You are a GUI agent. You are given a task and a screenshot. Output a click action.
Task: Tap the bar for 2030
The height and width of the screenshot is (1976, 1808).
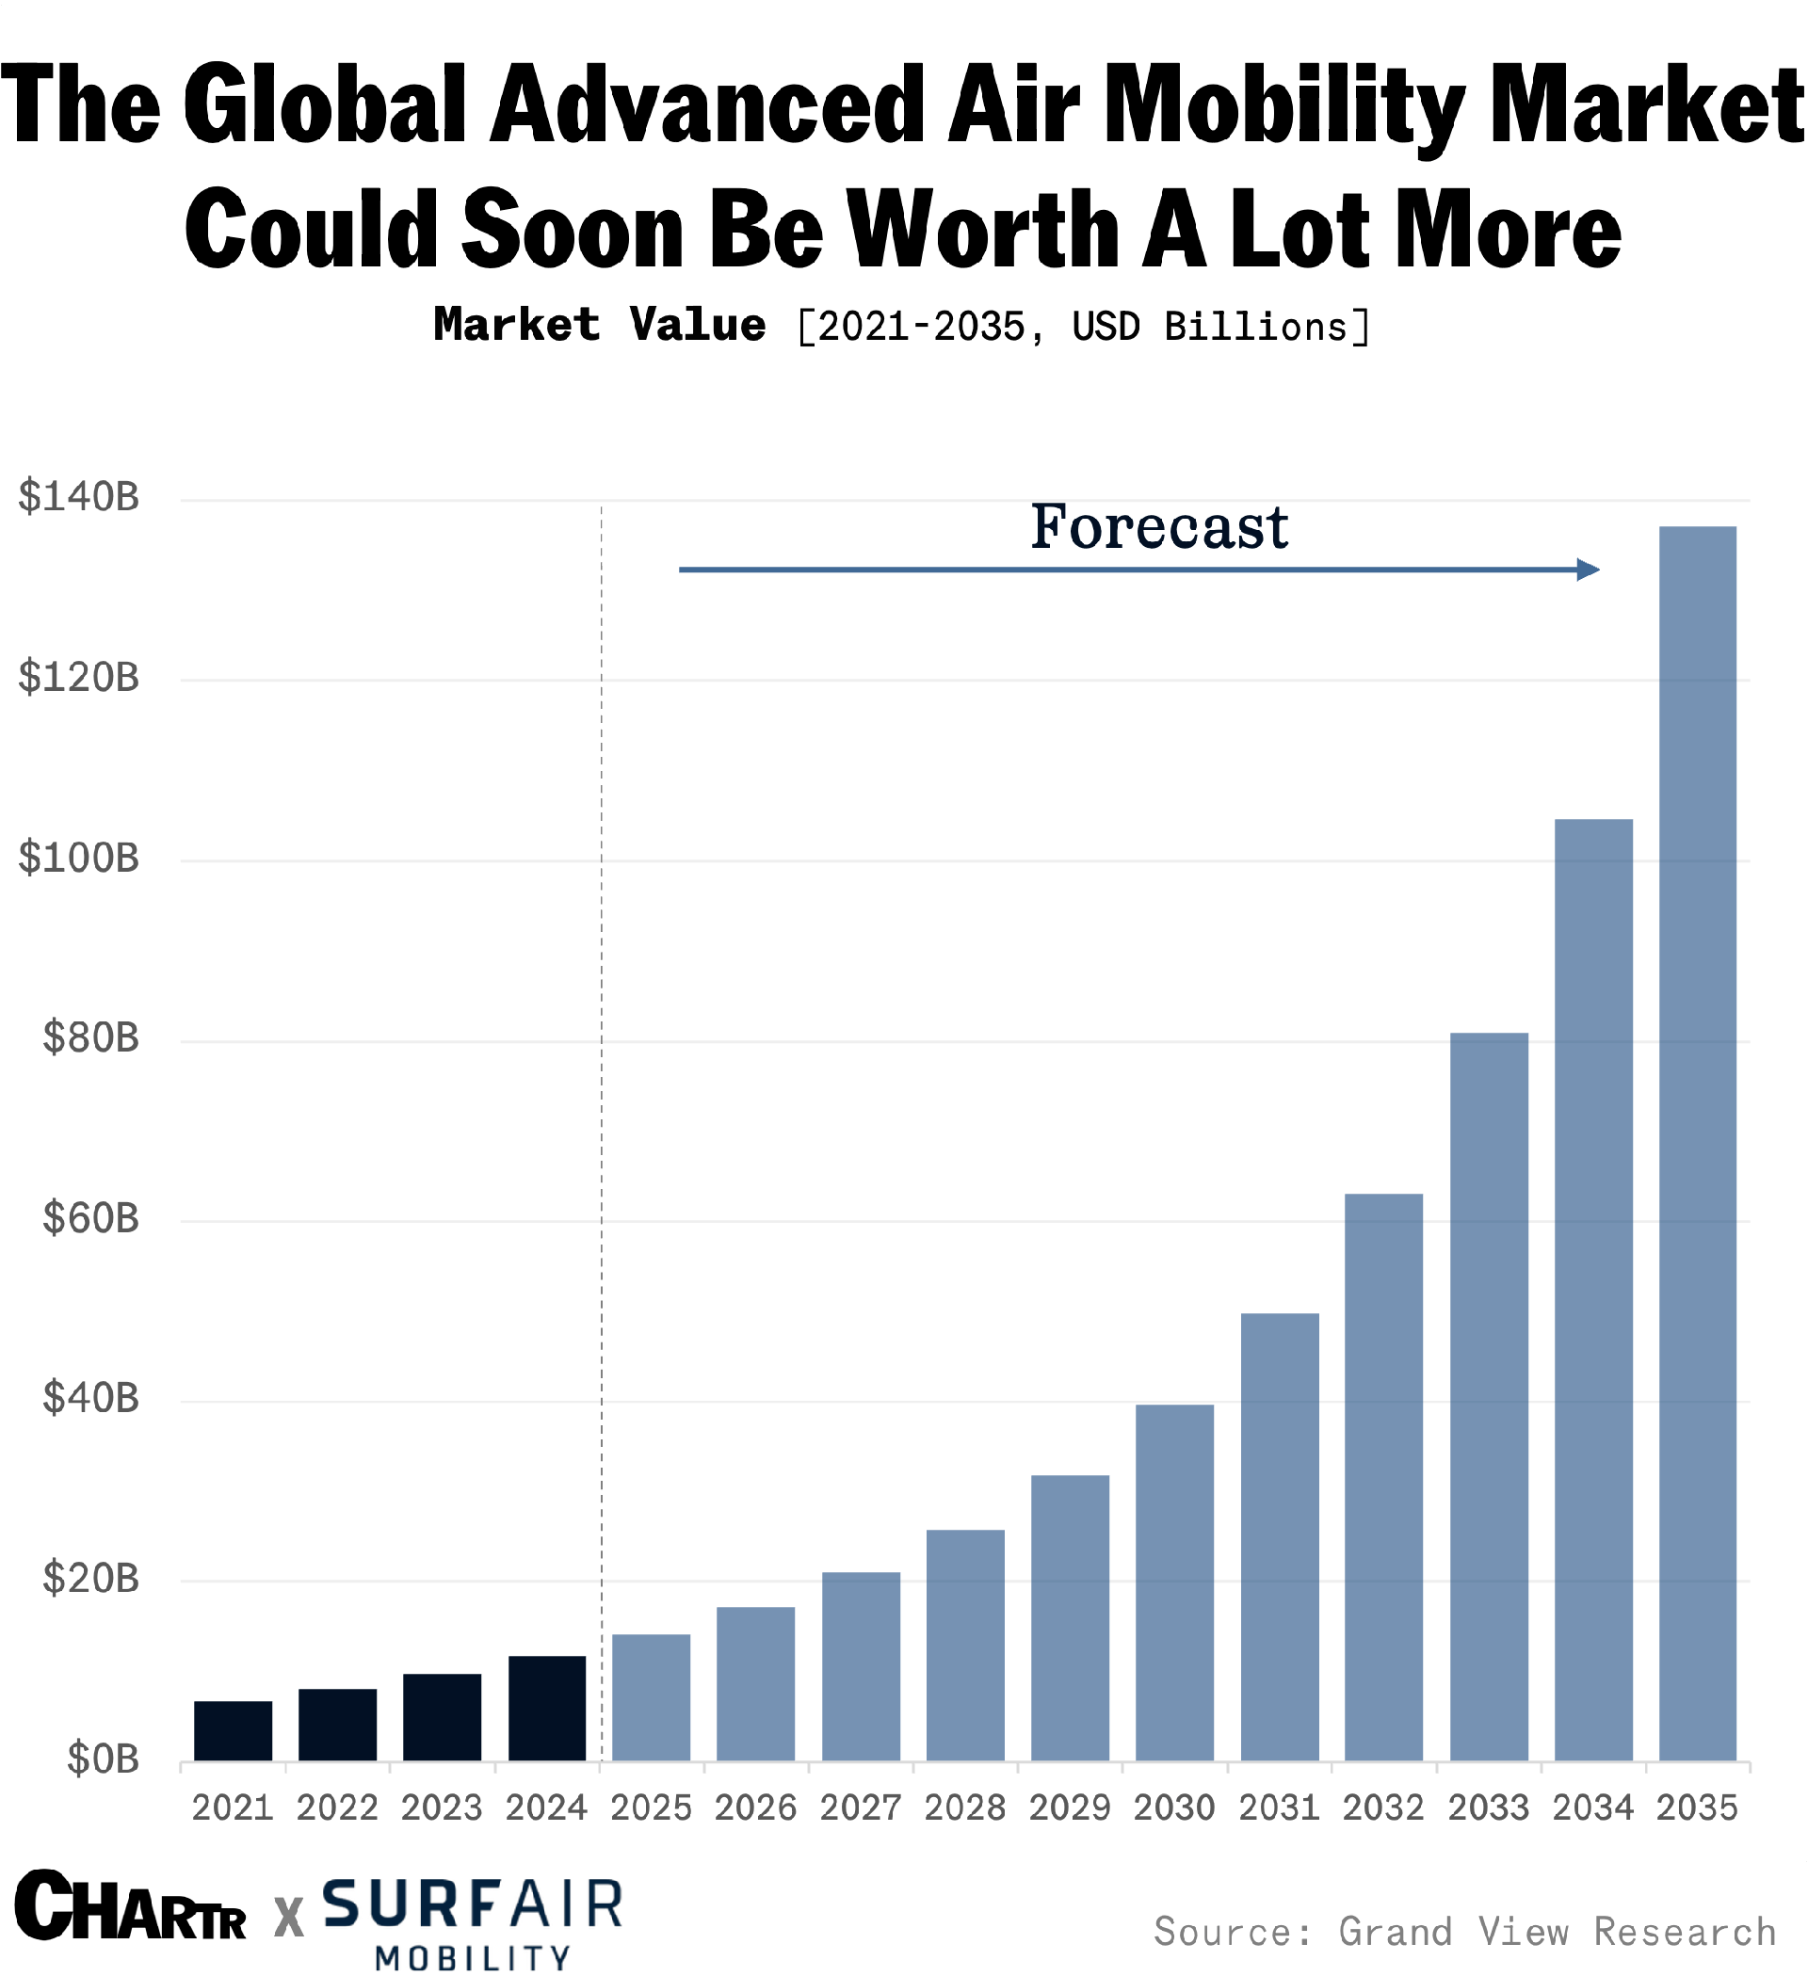point(1173,1582)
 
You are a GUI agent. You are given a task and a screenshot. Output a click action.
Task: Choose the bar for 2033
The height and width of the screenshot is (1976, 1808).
point(1488,1396)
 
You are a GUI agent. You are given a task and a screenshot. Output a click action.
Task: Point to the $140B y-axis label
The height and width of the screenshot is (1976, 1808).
point(78,497)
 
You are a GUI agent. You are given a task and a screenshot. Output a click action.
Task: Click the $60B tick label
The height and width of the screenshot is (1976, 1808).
point(90,1218)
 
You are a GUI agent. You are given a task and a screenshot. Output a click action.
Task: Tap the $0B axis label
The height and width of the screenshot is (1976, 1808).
point(102,1759)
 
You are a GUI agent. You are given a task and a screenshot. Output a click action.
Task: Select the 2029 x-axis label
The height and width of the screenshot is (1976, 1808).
point(1069,1807)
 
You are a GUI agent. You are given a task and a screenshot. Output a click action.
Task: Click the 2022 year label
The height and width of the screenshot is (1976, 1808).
point(336,1807)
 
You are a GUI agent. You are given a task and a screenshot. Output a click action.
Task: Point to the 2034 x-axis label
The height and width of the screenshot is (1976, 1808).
point(1592,1807)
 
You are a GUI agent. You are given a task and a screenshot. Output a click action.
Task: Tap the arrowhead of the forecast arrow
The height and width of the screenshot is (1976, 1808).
point(1588,570)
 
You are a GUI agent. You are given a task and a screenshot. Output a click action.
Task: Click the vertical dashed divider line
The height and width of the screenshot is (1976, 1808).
point(601,980)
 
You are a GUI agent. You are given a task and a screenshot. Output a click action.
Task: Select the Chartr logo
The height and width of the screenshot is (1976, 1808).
point(129,1906)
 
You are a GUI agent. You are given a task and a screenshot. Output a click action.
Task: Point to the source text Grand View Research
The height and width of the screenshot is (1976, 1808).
point(1557,1931)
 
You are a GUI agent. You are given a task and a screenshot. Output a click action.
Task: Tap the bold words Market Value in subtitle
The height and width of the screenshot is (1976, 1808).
point(599,325)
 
